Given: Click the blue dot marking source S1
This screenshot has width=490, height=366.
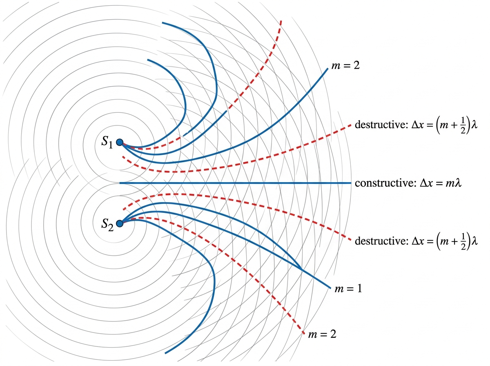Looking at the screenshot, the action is (120, 142).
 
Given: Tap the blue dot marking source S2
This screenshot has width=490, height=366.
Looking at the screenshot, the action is (120, 223).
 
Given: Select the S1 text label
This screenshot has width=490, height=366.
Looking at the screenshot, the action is (107, 142).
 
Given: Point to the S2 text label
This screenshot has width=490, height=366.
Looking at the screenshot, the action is (107, 224).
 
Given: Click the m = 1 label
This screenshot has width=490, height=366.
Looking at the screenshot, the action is (348, 289).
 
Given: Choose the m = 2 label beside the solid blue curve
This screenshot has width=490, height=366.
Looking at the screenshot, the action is (345, 65).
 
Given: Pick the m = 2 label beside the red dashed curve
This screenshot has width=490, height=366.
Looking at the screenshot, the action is (322, 334).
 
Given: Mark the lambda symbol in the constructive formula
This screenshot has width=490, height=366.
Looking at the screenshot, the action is (458, 183).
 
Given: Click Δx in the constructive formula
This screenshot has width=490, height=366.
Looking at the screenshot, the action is (425, 183).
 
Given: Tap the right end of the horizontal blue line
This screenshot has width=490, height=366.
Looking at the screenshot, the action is (351, 183).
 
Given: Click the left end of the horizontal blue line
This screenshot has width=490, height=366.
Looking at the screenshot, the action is (120, 183).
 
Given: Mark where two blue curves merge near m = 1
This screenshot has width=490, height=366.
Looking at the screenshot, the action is (301, 269).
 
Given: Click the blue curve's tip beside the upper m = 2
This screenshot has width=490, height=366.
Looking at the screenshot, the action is (328, 69).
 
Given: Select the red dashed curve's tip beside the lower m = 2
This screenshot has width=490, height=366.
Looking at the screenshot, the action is (304, 334).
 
